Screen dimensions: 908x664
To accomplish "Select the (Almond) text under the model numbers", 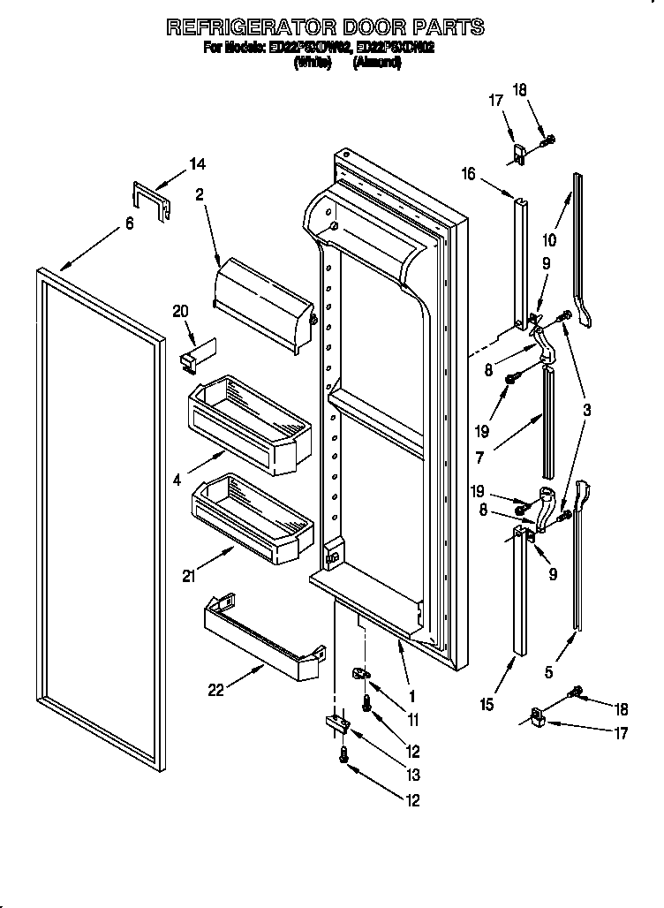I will (x=377, y=64).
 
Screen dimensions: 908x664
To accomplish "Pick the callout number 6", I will (x=130, y=224).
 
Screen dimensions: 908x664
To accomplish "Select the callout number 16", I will (x=468, y=175).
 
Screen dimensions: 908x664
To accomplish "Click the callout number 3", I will (x=586, y=410).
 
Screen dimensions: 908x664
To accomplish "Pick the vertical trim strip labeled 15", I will (x=519, y=592).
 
